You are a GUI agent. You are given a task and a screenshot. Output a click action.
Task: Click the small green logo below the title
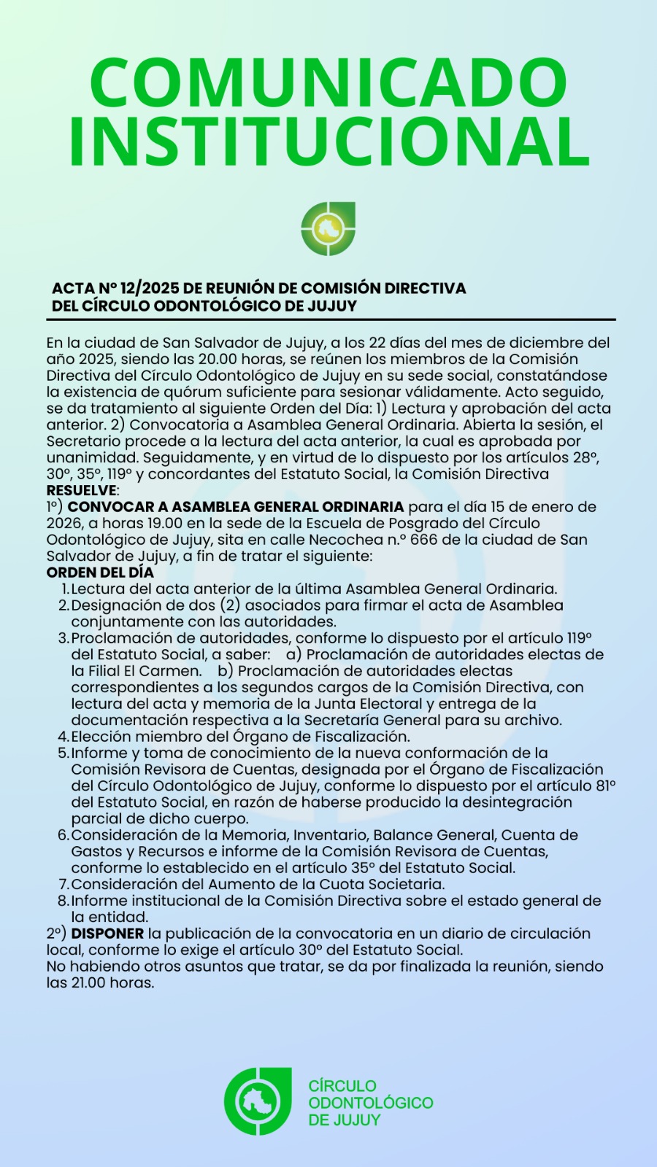[x=328, y=229]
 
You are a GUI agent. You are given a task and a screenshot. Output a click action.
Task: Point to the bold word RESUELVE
[x=81, y=490]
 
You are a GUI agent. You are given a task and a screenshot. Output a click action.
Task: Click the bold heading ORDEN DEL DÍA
[x=100, y=573]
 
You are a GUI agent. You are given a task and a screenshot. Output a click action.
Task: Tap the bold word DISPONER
[x=107, y=934]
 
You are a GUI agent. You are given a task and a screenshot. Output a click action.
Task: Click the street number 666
[x=426, y=540]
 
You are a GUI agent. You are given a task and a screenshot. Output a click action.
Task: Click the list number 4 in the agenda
[x=63, y=737]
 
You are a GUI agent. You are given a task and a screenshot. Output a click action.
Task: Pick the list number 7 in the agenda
[x=63, y=885]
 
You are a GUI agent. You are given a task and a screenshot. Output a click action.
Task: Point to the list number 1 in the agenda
[x=64, y=589]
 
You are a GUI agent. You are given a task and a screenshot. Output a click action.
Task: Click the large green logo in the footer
[x=258, y=1101]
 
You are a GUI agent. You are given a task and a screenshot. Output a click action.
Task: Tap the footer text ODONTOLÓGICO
[x=370, y=1103]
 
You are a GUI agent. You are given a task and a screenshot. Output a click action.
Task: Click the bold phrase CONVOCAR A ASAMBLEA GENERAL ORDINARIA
[x=236, y=507]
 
